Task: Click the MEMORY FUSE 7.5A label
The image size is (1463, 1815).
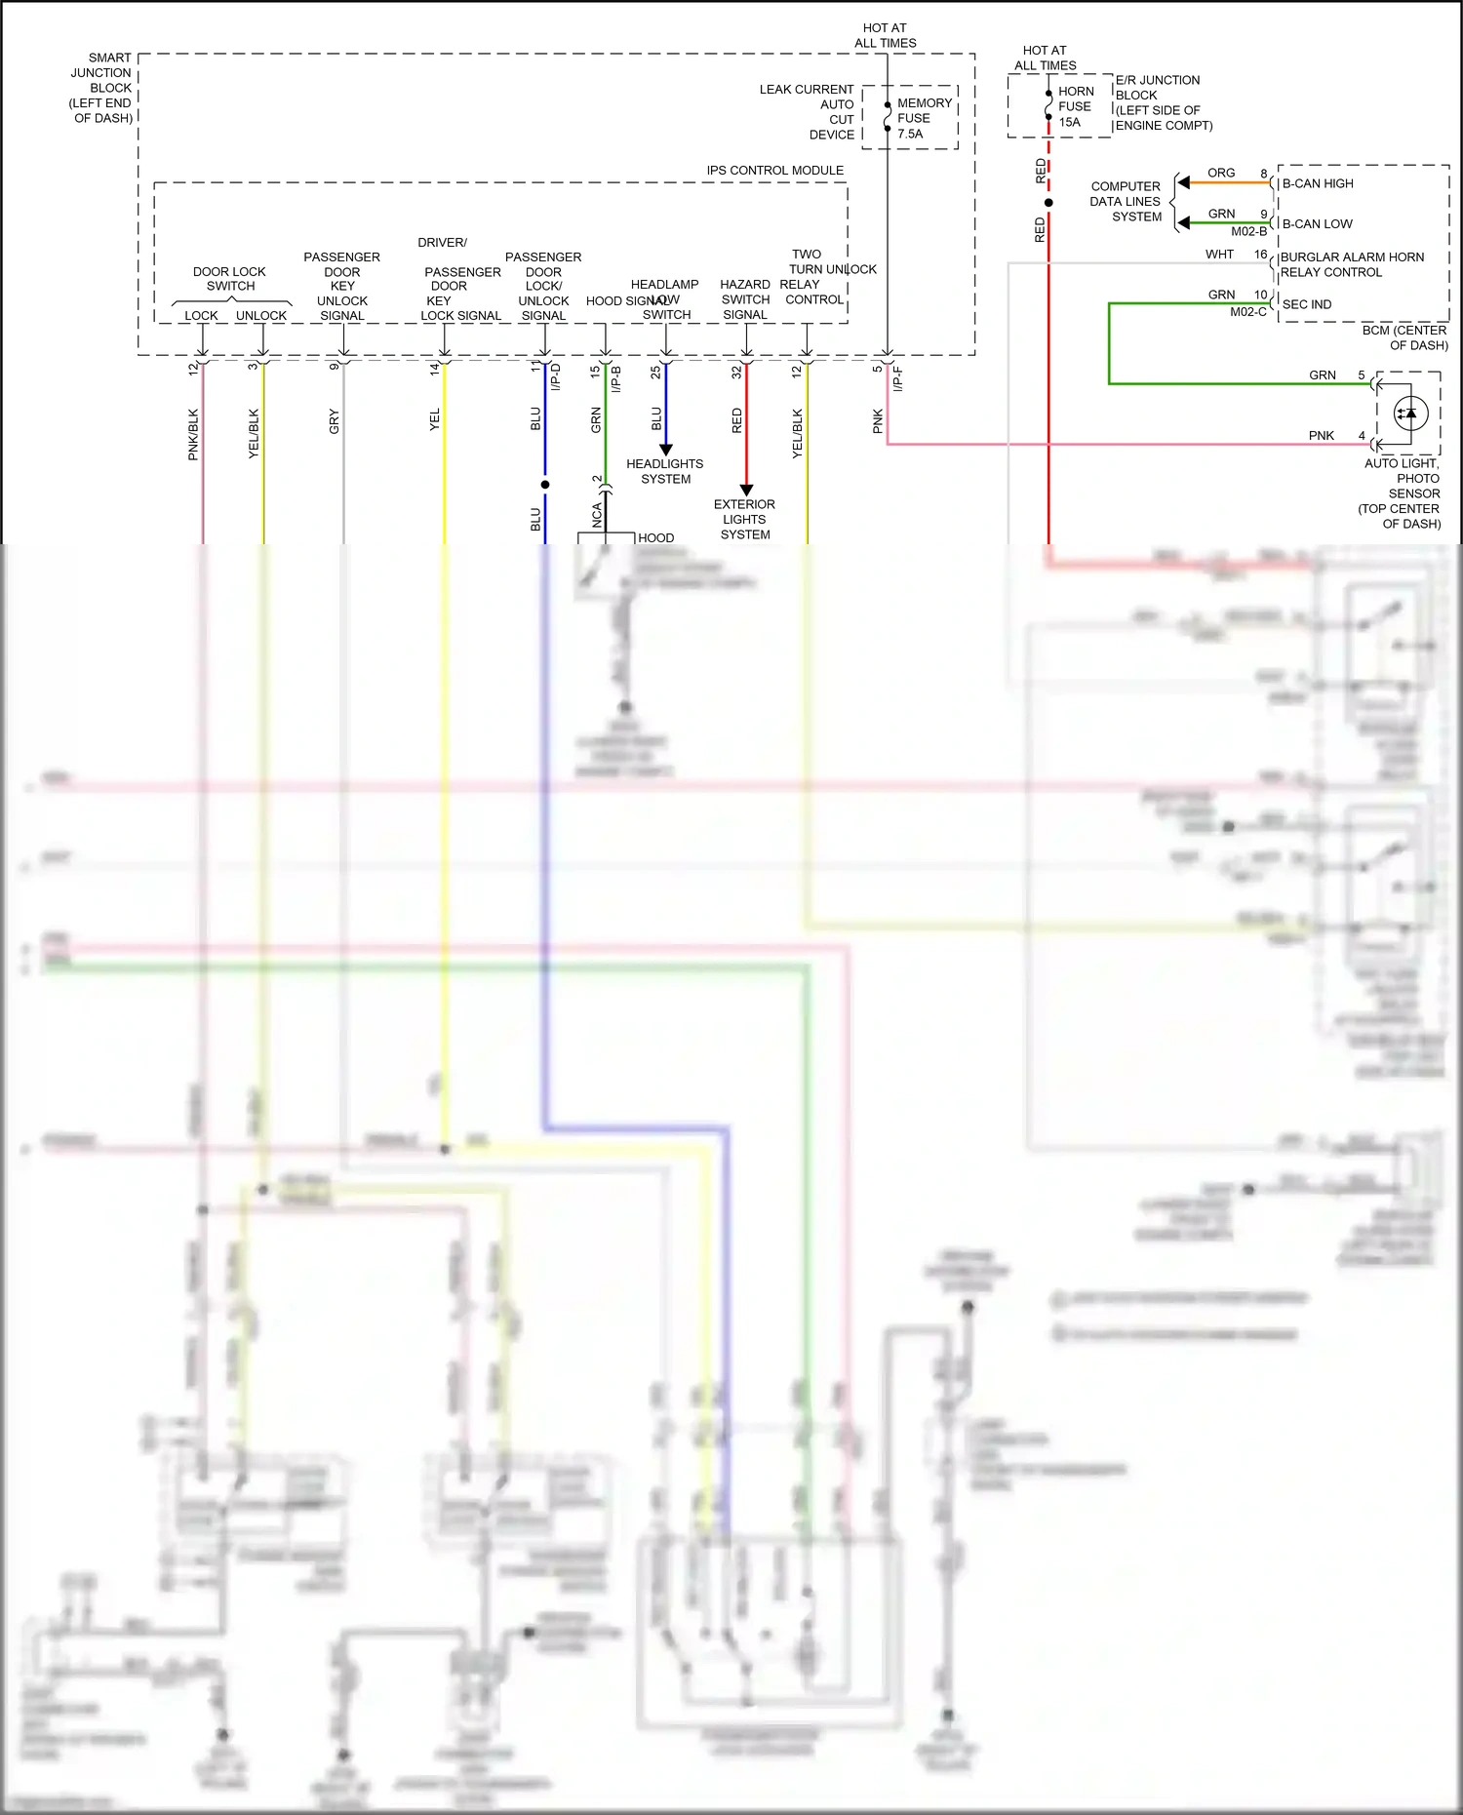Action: click(923, 118)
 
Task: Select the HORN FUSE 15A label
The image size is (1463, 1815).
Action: click(1075, 106)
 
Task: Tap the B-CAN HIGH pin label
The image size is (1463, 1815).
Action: click(1318, 183)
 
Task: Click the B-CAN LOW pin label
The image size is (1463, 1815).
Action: click(1317, 223)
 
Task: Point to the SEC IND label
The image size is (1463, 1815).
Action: click(1306, 304)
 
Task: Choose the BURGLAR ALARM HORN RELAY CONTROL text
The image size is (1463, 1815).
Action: click(1351, 264)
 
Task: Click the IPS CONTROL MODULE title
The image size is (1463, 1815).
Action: click(774, 170)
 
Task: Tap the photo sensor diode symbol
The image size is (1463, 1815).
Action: click(1410, 414)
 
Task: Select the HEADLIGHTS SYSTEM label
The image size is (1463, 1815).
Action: click(665, 471)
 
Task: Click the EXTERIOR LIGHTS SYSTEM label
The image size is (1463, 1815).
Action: click(744, 519)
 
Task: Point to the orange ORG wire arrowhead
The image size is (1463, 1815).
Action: click(1183, 182)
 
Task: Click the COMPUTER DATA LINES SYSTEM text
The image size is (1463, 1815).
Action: click(1126, 201)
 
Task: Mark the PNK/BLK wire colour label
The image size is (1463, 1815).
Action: click(193, 434)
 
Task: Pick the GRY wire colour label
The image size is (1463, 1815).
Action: click(335, 421)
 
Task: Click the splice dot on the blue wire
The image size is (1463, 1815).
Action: click(545, 484)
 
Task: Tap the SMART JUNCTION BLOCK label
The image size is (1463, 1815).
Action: click(101, 88)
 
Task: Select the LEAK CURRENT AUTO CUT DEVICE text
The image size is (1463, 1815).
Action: click(808, 111)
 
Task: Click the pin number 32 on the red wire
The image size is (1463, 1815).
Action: click(736, 372)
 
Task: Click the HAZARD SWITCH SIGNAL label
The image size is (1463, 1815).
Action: click(745, 299)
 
